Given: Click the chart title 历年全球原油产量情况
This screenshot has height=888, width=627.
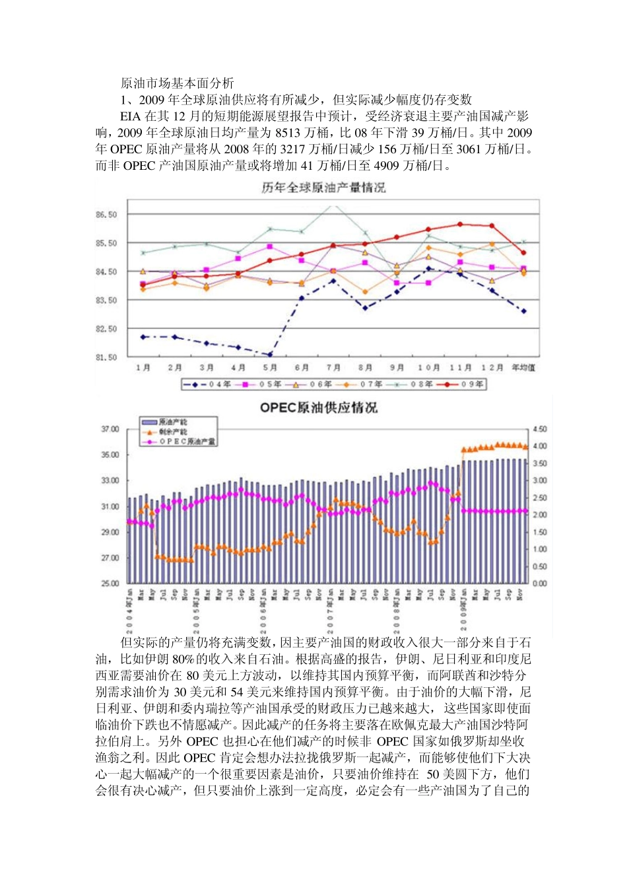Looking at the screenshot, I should pyautogui.click(x=323, y=188).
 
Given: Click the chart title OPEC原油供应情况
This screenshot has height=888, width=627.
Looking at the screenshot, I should pyautogui.click(x=319, y=408).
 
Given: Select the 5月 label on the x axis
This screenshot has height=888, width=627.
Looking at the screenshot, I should pyautogui.click(x=270, y=368).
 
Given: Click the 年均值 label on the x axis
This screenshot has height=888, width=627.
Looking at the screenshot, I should pyautogui.click(x=523, y=368).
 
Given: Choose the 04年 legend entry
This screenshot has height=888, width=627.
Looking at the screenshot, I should pyautogui.click(x=208, y=385).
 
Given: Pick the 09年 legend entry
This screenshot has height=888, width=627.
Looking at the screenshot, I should pyautogui.click(x=461, y=385).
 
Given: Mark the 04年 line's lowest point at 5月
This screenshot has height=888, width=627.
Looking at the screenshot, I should pyautogui.click(x=270, y=354).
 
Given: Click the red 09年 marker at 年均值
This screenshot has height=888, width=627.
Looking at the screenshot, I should pyautogui.click(x=523, y=252).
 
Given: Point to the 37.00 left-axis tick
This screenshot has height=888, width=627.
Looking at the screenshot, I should pyautogui.click(x=110, y=429).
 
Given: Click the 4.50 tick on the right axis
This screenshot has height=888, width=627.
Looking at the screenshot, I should pyautogui.click(x=539, y=429).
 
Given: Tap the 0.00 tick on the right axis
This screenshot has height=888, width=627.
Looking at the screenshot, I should pyautogui.click(x=539, y=583).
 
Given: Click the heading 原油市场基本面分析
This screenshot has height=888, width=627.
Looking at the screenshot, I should pyautogui.click(x=177, y=83).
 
